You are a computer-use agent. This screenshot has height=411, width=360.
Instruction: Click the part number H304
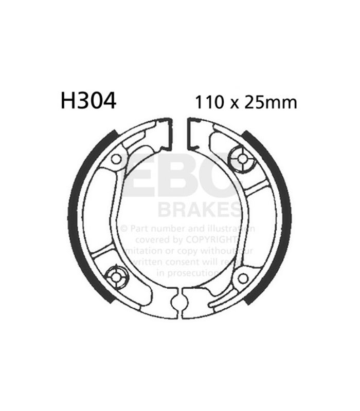(x=88, y=101)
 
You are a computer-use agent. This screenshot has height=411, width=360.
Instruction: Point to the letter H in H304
(x=67, y=101)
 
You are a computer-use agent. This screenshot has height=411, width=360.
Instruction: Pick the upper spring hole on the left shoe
(x=117, y=159)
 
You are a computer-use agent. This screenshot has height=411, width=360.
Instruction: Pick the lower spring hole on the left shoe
(x=117, y=277)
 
